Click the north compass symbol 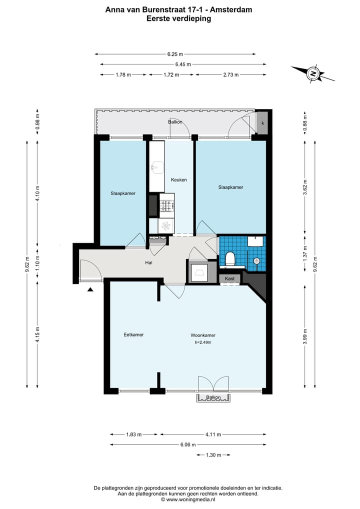312,73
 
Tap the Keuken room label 179,179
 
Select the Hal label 148,262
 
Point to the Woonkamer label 203,335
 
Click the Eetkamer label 133,334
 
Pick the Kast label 229,278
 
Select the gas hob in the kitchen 167,205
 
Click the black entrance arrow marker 90,289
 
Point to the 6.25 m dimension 175,54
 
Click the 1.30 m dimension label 213,455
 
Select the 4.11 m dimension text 213,434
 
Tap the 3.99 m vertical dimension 305,336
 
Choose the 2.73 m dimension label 231,74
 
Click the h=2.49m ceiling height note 203,342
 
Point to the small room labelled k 262,122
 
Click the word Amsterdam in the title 231,9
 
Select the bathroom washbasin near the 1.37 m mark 256,241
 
